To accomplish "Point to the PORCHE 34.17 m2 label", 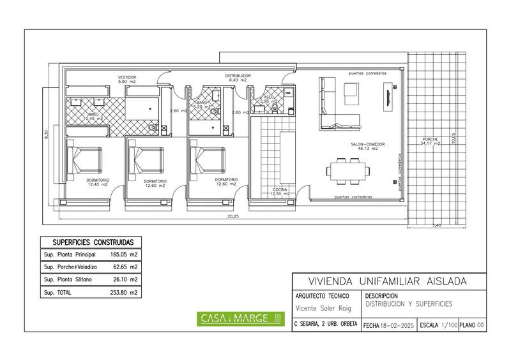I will [431, 142].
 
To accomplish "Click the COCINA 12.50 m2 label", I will [280, 192].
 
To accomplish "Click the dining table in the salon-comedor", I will [347, 171].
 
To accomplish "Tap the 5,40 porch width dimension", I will [437, 225].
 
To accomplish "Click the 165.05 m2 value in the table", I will [126, 254].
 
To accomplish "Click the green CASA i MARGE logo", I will [239, 318].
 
